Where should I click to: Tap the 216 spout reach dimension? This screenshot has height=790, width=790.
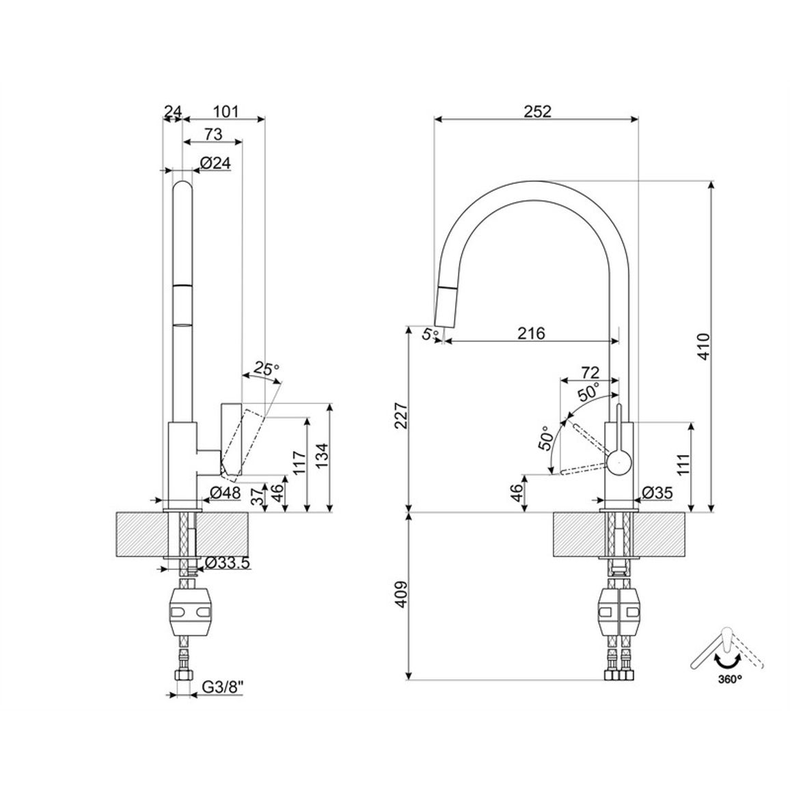click(532, 333)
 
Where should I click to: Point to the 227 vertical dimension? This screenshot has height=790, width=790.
click(401, 415)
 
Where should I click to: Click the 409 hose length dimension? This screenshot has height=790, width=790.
click(401, 595)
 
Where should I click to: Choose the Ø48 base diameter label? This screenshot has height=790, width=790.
click(226, 492)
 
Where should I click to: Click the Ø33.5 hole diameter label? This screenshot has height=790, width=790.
click(227, 563)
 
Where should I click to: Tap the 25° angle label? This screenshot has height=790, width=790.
click(266, 369)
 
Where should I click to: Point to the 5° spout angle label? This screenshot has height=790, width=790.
click(430, 333)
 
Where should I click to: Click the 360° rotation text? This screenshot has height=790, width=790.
click(730, 679)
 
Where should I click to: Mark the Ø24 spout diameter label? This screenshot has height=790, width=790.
click(215, 163)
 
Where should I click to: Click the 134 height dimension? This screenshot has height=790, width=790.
click(322, 455)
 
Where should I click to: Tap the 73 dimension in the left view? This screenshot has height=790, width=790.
click(213, 134)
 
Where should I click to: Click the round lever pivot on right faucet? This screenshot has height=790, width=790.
click(618, 463)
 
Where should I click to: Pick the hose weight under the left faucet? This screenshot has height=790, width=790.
click(188, 612)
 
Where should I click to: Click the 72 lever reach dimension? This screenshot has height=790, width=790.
click(590, 372)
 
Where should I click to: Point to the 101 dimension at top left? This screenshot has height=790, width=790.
click(225, 111)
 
